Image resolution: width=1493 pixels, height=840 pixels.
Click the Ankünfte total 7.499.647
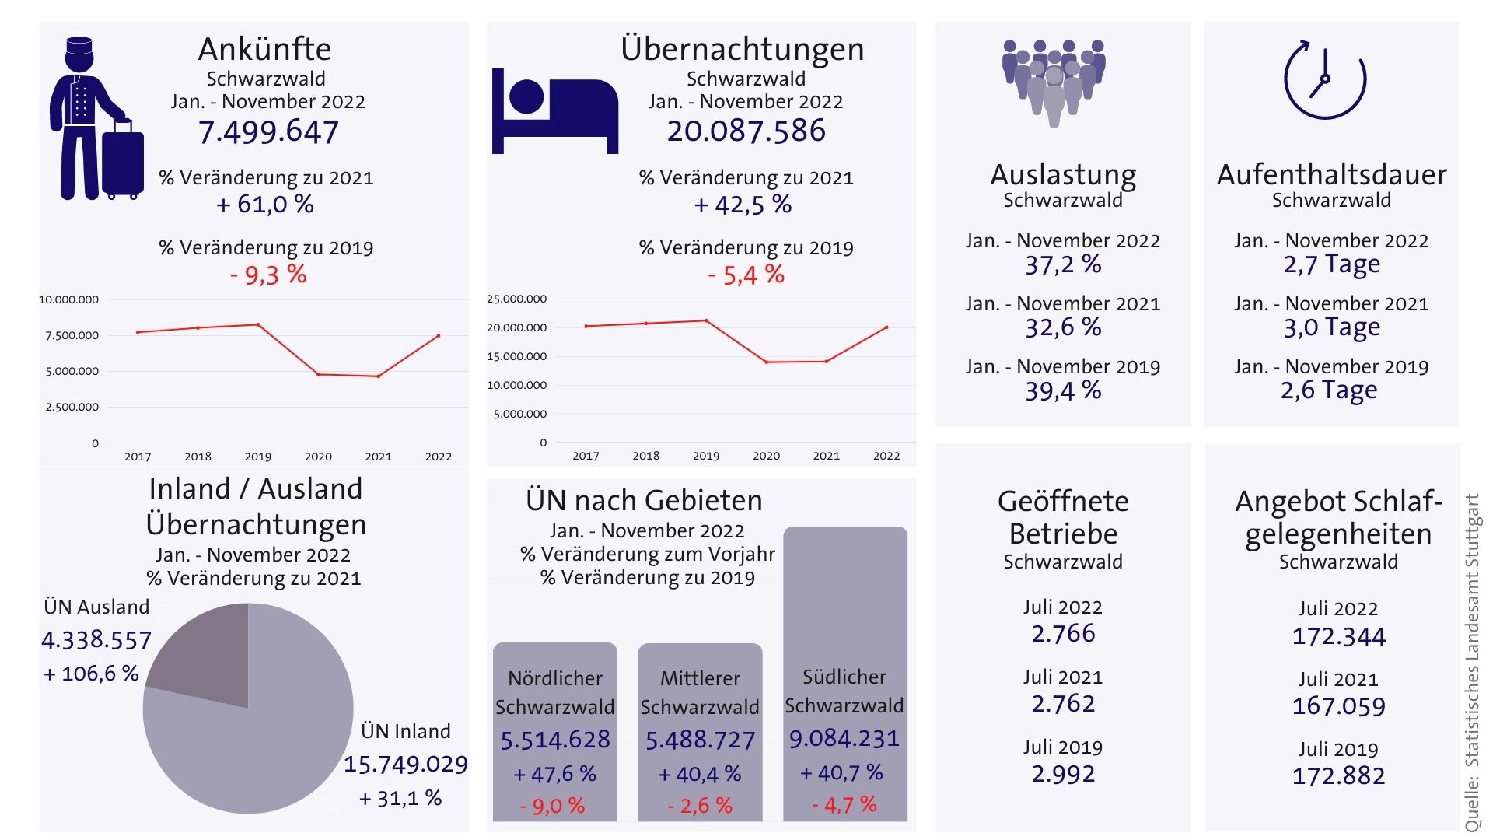point(268,132)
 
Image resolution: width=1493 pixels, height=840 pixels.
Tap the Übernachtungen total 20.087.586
point(746,131)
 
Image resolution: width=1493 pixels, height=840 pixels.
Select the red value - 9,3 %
point(268,275)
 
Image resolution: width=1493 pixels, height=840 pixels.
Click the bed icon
point(554,111)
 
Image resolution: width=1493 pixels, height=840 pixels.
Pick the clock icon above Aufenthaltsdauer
point(1324,79)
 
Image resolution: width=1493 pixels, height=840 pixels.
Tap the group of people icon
point(1054,81)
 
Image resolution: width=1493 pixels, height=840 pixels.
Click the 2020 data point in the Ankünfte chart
point(318,374)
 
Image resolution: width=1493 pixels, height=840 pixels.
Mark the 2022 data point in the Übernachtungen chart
point(886,327)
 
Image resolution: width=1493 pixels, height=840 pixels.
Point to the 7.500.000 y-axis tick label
point(72,335)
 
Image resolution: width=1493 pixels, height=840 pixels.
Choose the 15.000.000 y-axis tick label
point(516,356)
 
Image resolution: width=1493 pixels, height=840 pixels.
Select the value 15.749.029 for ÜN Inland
point(406,765)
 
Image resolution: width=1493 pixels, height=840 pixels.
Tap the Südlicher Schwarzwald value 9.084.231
point(844,738)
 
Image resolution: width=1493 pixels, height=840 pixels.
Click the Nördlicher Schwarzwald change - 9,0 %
point(552,806)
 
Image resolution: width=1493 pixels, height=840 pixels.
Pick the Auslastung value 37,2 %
point(1063,265)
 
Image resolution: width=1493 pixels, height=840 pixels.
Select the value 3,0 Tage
point(1331,327)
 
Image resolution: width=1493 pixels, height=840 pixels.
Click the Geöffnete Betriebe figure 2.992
point(1063,774)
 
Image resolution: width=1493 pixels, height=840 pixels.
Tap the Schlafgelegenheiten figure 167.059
point(1338,706)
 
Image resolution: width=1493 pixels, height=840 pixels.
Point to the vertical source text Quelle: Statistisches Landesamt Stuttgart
point(1472,661)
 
